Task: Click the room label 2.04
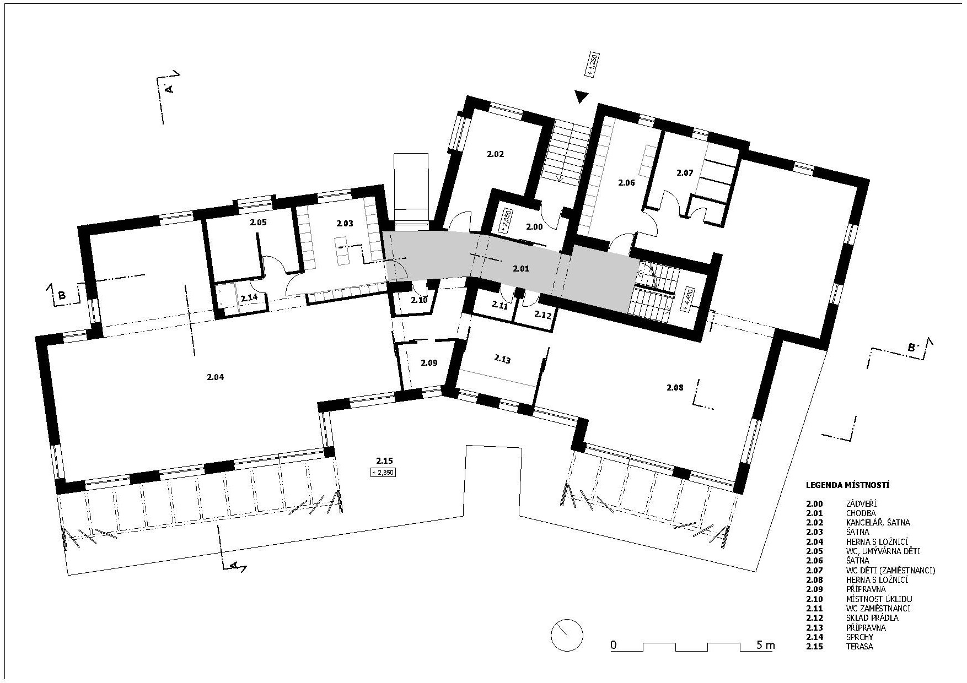pyautogui.click(x=216, y=377)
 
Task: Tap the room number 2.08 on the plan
pyautogui.click(x=675, y=387)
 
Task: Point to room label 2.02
pyautogui.click(x=495, y=154)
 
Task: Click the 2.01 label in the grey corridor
pyautogui.click(x=521, y=269)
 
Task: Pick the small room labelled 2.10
pyautogui.click(x=419, y=300)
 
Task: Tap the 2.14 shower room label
pyautogui.click(x=249, y=297)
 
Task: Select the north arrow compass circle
pyautogui.click(x=567, y=635)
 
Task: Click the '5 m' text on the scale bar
pyautogui.click(x=765, y=645)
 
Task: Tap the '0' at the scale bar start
pyautogui.click(x=613, y=645)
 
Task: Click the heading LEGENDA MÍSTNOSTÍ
pyautogui.click(x=847, y=485)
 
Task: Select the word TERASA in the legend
pyautogui.click(x=859, y=646)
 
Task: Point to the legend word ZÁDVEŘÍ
pyautogui.click(x=861, y=503)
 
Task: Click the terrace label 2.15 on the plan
pyautogui.click(x=384, y=460)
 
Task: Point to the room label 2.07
pyautogui.click(x=685, y=172)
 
